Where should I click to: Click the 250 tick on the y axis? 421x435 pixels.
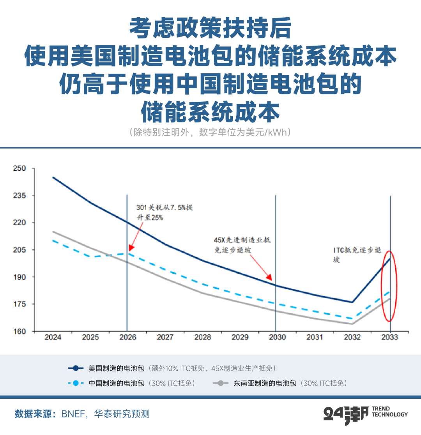tap(20, 169)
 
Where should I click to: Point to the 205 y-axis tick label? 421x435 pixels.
tap(20, 250)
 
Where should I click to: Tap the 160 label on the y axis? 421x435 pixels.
tap(20, 331)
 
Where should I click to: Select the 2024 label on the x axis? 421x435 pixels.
tap(53, 337)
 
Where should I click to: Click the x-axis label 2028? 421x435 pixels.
tap(202, 337)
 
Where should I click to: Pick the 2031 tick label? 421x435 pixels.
tap(315, 337)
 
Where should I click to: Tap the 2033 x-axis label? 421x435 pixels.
tap(389, 337)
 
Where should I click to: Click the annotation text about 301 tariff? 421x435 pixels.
tap(164, 213)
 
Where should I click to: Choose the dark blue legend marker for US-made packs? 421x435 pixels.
tap(76, 368)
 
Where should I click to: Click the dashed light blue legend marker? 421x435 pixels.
tap(76, 383)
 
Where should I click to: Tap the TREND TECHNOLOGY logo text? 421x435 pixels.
tap(390, 411)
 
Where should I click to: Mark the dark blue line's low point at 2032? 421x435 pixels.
tap(352, 302)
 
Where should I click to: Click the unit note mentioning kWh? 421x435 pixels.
tap(210, 133)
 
